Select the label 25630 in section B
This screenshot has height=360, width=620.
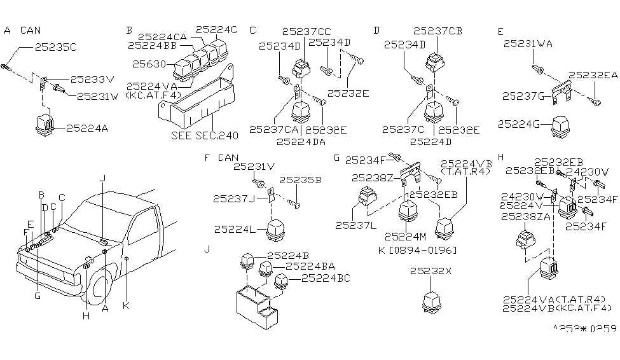(x=148, y=64)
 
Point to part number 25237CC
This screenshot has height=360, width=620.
(x=307, y=31)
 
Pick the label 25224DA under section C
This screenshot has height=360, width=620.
(x=301, y=141)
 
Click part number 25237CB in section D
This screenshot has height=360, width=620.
(x=438, y=31)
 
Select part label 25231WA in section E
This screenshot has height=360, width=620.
(x=528, y=44)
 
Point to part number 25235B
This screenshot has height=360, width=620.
(x=300, y=180)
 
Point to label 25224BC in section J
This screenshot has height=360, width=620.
(x=325, y=278)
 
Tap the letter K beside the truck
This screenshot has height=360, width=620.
(x=126, y=306)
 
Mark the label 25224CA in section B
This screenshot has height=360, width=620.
(x=162, y=37)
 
